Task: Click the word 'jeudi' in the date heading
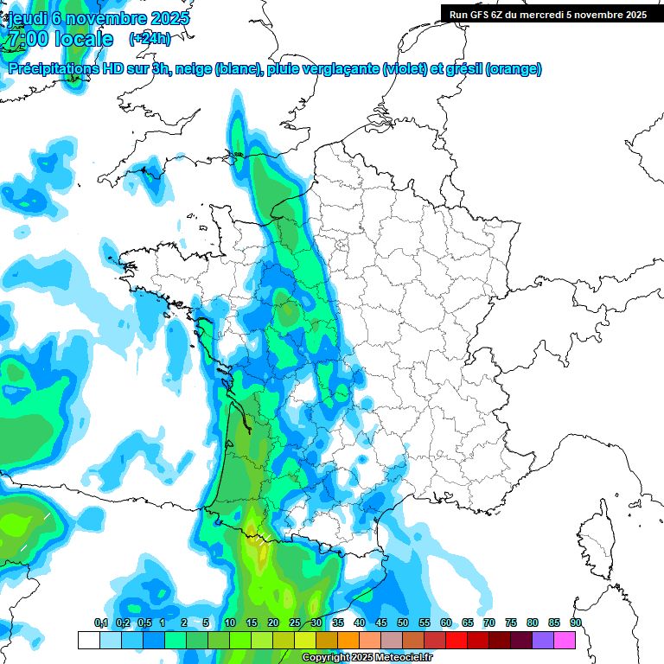pyautogui.click(x=27, y=18)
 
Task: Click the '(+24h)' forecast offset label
pyautogui.click(x=150, y=38)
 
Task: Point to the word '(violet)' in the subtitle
pyautogui.click(x=404, y=69)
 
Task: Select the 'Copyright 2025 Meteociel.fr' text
pyautogui.click(x=367, y=658)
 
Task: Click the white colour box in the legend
pyautogui.click(x=88, y=640)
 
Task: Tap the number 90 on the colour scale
pyautogui.click(x=576, y=622)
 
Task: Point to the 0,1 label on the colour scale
pyautogui.click(x=100, y=622)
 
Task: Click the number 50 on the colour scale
pyautogui.click(x=403, y=622)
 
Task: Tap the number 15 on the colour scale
pyautogui.click(x=252, y=622)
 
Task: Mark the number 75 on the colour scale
pyautogui.click(x=511, y=622)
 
